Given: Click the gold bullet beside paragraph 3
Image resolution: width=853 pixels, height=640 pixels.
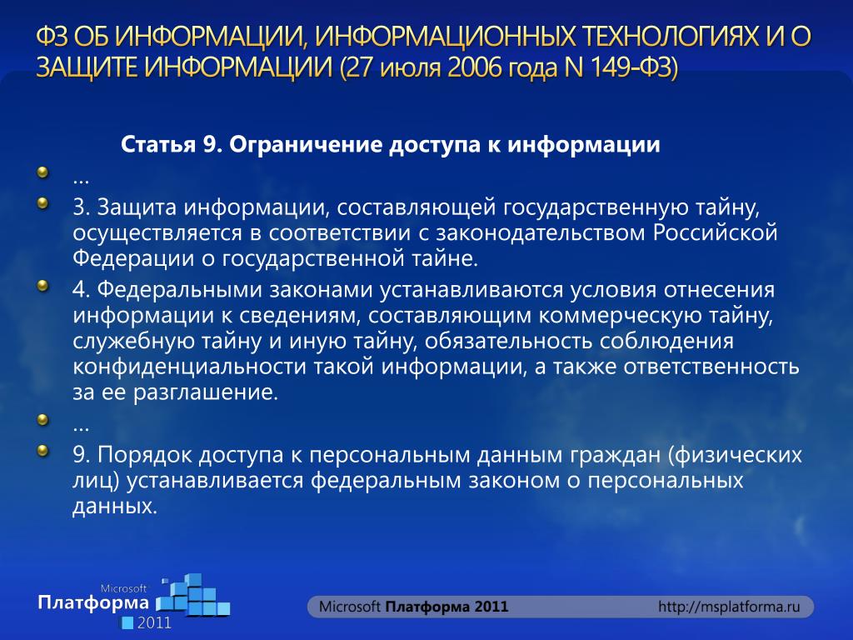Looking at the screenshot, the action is (x=42, y=204).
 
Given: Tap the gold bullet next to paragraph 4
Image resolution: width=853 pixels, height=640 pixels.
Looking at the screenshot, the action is (x=42, y=287).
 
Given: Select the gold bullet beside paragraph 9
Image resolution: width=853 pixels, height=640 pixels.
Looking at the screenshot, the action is (x=42, y=451).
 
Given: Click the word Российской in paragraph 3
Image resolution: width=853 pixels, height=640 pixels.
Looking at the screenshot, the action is (x=715, y=233).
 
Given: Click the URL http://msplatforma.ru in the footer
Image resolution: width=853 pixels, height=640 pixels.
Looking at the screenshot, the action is (x=729, y=607).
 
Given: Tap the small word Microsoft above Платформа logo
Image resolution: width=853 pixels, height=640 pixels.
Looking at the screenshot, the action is (x=123, y=588).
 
